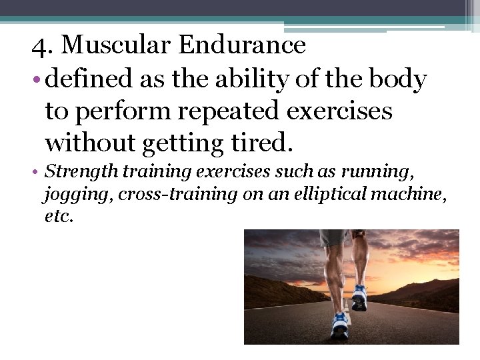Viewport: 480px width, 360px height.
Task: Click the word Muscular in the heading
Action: tap(117, 45)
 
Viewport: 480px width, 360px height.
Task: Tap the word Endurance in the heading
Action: tap(243, 45)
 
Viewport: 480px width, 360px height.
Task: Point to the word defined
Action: tap(91, 79)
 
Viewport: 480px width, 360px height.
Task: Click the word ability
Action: tap(257, 79)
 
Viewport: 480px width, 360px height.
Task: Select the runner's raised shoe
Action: tap(359, 297)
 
